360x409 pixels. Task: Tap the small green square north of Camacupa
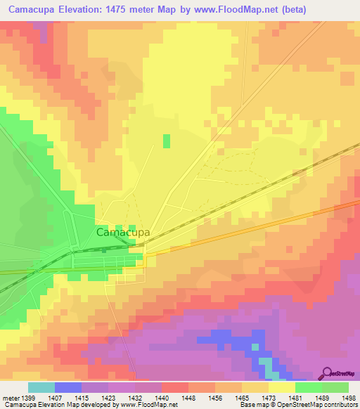tap(167, 141)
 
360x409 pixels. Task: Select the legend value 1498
tap(349, 396)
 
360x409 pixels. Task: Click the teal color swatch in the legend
tap(41, 387)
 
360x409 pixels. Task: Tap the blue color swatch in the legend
tap(68, 387)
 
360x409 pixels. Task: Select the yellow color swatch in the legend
tap(281, 387)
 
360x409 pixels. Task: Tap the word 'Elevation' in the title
tap(74, 8)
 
